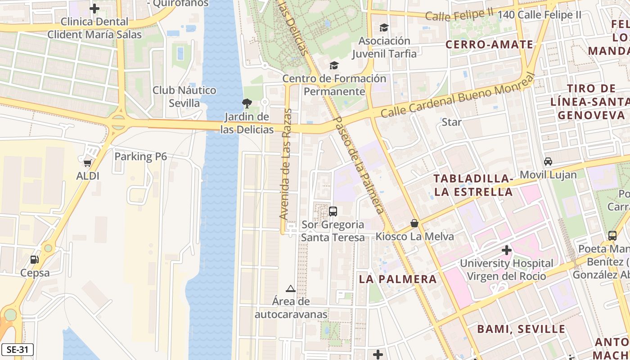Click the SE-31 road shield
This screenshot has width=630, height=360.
point(17,350)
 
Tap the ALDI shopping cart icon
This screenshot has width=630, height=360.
point(87,162)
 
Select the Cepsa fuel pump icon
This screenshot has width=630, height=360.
point(34,260)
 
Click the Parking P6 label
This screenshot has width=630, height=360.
point(140,157)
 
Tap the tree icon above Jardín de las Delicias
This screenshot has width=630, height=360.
point(247,104)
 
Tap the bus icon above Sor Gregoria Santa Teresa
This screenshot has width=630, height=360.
point(333,211)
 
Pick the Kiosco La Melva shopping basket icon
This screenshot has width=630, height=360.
point(414,223)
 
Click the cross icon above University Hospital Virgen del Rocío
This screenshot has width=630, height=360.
point(507,250)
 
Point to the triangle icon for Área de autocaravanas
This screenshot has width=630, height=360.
point(291,288)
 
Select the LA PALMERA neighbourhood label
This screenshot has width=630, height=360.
point(397,279)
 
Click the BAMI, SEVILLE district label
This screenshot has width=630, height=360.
point(521,329)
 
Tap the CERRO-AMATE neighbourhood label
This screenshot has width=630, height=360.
point(489,44)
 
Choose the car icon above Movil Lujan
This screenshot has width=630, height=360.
point(548,162)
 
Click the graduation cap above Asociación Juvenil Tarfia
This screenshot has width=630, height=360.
point(384,28)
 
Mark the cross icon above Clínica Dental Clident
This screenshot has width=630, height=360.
point(94,9)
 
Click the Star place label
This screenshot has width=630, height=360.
point(451,122)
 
